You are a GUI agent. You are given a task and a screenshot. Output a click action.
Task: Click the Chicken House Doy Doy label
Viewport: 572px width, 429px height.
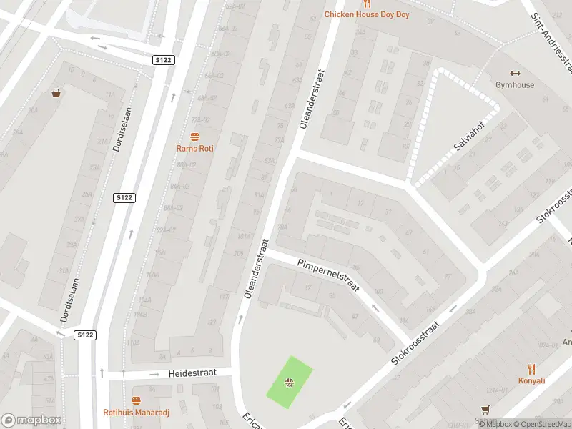click(367, 14)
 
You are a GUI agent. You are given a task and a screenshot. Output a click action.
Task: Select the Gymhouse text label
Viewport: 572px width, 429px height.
click(515, 85)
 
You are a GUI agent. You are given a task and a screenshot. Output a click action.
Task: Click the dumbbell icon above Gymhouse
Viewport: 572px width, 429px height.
click(514, 73)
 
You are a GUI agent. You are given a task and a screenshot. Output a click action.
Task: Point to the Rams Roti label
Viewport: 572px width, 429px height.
click(194, 148)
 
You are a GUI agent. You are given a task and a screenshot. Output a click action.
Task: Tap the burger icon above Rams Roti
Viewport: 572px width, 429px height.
click(194, 136)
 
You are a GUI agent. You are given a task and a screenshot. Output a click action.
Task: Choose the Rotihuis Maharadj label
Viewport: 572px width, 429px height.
click(137, 413)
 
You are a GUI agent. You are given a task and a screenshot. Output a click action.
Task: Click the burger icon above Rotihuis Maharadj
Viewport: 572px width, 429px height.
click(137, 400)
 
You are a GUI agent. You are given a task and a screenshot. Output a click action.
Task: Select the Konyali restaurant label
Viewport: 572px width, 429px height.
click(532, 381)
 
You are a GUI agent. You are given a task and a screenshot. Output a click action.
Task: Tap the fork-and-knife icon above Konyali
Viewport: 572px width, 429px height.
click(531, 369)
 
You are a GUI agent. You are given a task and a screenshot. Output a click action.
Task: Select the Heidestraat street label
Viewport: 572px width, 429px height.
click(192, 374)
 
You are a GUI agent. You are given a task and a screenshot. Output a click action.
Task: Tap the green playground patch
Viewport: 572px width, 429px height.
click(290, 383)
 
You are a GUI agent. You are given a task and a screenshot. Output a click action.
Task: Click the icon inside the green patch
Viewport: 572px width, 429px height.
click(289, 383)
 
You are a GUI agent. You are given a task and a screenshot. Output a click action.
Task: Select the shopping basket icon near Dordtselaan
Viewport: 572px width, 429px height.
click(56, 93)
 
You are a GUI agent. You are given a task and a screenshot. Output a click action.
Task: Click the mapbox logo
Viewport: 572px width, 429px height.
click(31, 420)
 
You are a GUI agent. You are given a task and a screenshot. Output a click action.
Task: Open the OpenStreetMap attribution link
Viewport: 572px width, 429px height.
click(544, 425)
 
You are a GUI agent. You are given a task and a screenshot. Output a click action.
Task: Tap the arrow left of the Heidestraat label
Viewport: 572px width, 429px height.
click(154, 374)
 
